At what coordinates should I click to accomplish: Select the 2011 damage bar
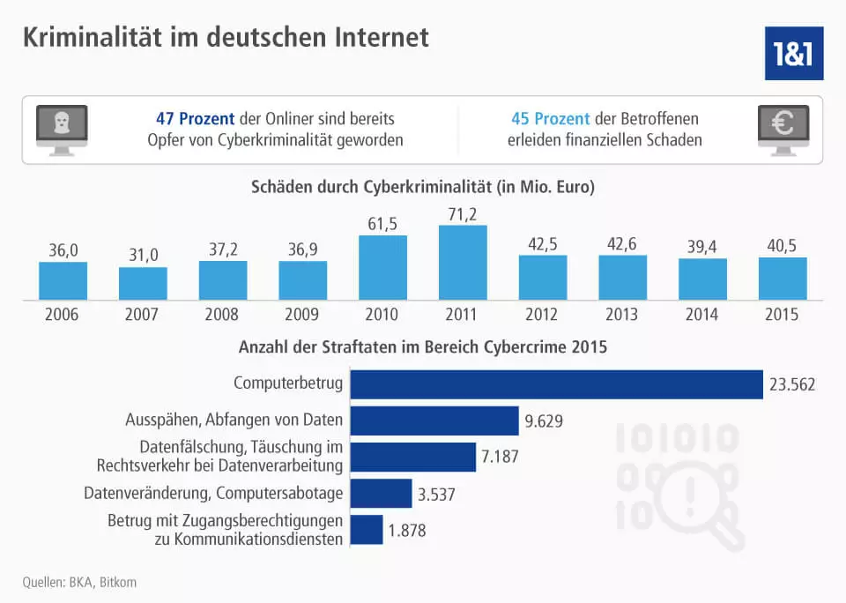[463, 263]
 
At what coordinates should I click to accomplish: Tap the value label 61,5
[382, 223]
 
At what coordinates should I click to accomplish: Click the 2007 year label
[143, 315]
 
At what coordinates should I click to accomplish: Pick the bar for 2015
[783, 279]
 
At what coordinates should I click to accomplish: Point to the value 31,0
[143, 255]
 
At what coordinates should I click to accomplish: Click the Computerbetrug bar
[556, 384]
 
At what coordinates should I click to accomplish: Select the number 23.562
[793, 384]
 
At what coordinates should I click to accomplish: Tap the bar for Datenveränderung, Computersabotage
[381, 494]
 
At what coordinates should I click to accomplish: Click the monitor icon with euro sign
[783, 130]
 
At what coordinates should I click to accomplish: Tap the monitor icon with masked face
[61, 130]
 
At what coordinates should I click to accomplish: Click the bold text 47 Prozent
[195, 118]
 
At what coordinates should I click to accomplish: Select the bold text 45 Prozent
[551, 118]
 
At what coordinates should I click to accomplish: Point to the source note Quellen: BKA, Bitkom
[79, 582]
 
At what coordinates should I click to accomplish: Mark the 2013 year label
[622, 315]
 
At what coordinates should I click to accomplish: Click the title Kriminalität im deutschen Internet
[226, 37]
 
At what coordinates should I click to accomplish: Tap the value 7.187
[502, 458]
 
